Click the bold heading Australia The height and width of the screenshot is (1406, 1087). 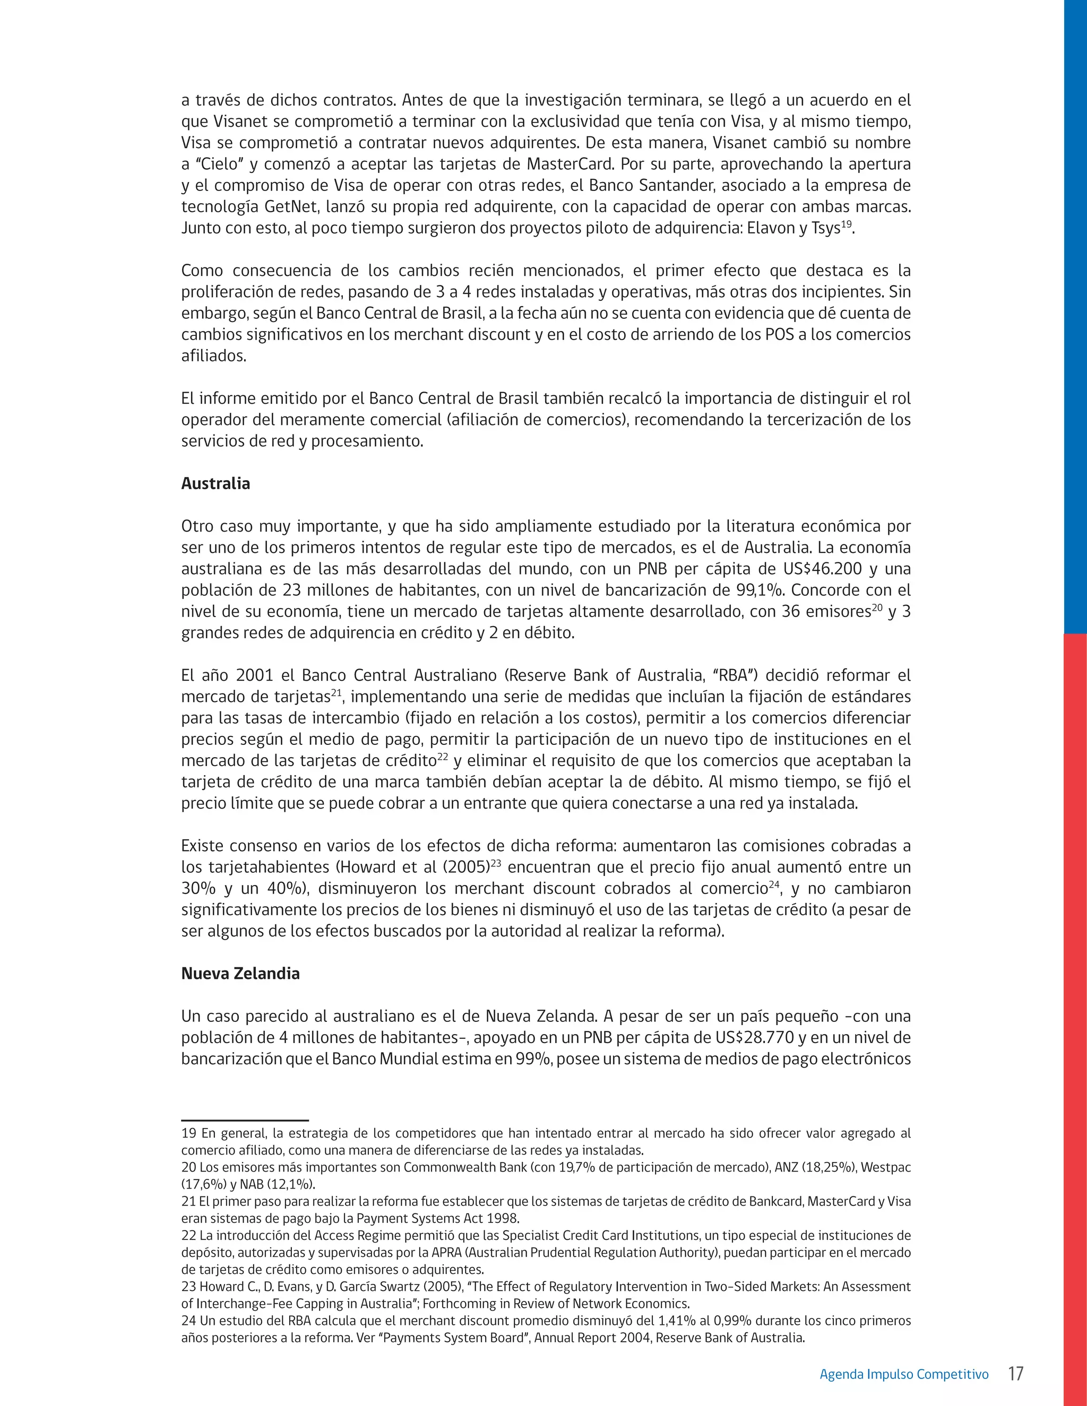click(x=215, y=483)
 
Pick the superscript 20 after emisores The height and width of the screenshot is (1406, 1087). click(x=876, y=607)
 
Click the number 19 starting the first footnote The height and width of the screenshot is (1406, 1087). click(x=188, y=1133)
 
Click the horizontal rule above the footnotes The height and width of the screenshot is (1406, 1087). click(x=245, y=1121)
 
